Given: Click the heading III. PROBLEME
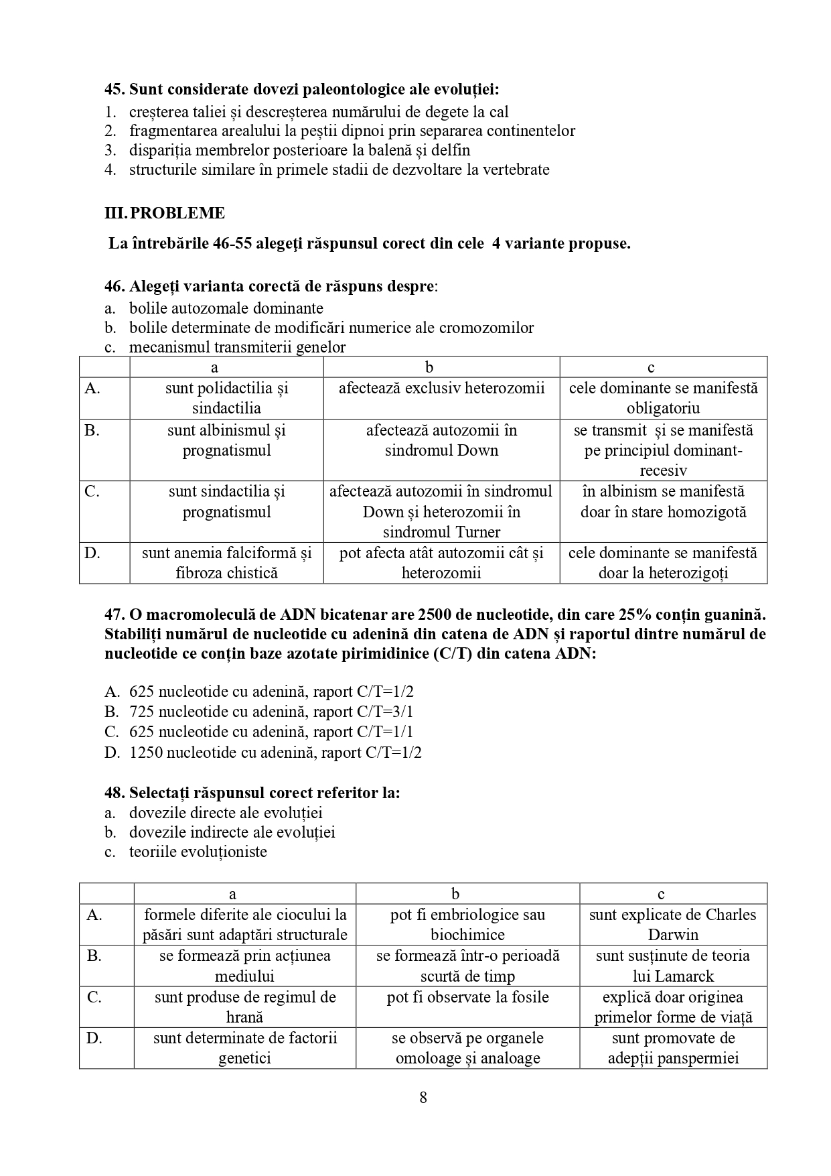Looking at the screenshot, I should [x=165, y=214].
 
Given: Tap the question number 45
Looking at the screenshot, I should [x=115, y=89].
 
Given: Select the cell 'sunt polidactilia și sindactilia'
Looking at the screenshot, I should [x=226, y=398].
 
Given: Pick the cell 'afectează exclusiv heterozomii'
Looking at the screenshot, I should [x=441, y=388].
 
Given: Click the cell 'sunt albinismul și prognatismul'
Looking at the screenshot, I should [x=226, y=440].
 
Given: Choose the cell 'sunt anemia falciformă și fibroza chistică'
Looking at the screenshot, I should [x=226, y=563].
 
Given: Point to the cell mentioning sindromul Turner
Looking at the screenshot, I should [x=441, y=512].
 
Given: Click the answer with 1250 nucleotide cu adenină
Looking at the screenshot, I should [x=275, y=753].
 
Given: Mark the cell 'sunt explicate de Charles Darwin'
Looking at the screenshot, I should [x=672, y=925].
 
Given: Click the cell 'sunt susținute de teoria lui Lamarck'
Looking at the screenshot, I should [x=672, y=966].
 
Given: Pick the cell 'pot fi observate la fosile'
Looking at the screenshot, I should [x=467, y=997].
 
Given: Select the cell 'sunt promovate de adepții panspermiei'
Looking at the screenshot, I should [x=672, y=1048].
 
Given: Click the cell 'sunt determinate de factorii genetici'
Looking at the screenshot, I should [x=244, y=1048].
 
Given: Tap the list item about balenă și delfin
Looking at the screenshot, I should [x=299, y=150].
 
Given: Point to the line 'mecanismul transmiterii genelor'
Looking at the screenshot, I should [x=237, y=347].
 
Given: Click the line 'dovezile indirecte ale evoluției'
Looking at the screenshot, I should [x=232, y=832].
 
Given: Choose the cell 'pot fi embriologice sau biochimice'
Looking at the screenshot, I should [x=467, y=925].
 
